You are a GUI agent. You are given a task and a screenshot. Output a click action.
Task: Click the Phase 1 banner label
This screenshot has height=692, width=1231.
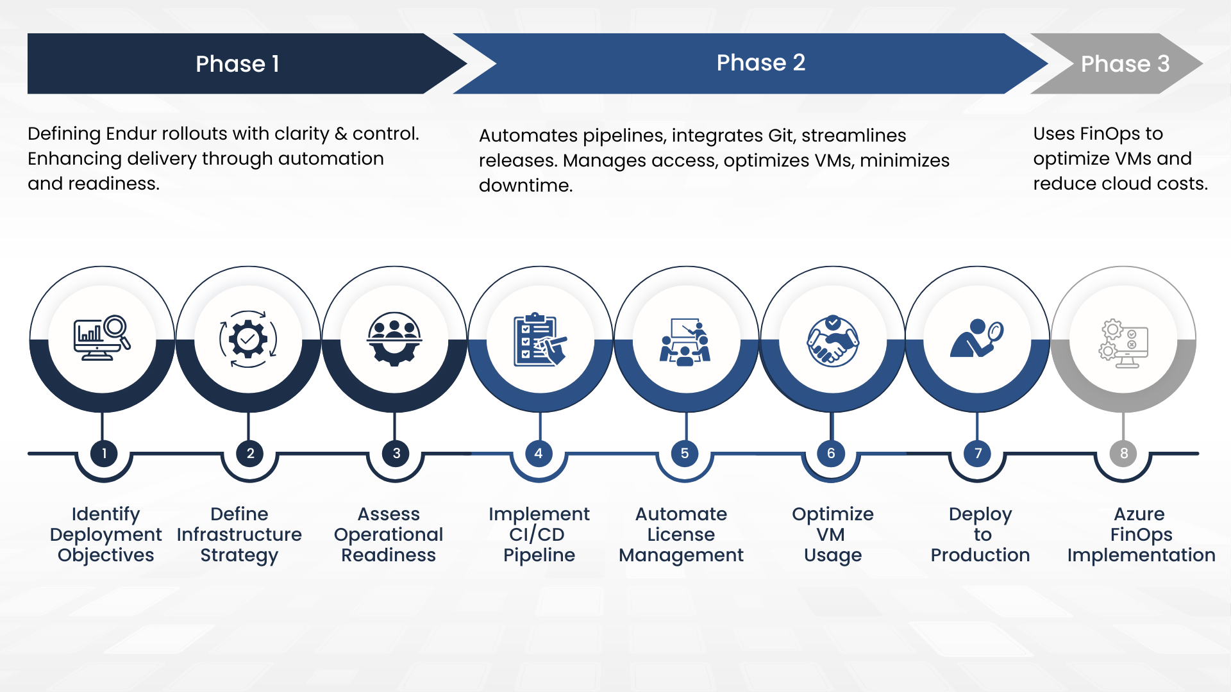pos(237,64)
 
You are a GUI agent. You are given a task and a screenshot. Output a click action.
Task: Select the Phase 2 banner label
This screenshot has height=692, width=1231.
pos(760,63)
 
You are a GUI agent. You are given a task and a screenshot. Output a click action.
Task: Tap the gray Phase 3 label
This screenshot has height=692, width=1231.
pos(1125,64)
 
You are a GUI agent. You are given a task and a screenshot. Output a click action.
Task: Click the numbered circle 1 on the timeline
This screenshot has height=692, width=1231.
pos(104,454)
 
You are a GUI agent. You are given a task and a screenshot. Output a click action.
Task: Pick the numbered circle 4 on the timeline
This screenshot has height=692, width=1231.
pos(539,454)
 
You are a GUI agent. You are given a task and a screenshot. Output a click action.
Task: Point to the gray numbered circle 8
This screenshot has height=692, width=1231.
pos(1123,454)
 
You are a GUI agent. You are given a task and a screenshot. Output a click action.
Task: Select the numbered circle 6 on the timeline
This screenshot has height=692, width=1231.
pos(831,454)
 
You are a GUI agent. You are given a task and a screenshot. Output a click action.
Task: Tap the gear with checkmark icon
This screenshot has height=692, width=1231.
pos(248,339)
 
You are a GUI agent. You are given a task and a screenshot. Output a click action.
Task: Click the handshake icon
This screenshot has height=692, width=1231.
pos(832,341)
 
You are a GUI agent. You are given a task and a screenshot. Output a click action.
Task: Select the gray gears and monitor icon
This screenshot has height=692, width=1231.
pos(1124,343)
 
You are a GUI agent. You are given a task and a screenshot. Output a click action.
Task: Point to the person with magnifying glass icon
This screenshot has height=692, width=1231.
pos(976,338)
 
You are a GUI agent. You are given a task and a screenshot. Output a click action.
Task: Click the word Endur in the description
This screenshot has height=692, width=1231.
pos(131,133)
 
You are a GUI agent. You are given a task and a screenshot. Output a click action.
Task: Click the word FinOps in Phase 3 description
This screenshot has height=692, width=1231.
pos(1108,133)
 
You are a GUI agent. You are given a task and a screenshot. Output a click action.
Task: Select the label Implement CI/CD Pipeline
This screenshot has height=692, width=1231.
pos(539,534)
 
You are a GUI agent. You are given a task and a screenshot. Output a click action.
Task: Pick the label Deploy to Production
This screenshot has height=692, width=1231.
pos(980,534)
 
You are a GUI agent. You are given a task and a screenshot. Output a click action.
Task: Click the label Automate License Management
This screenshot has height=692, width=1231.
pos(681,534)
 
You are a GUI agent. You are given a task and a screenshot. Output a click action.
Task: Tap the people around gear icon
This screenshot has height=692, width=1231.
pos(394,338)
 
